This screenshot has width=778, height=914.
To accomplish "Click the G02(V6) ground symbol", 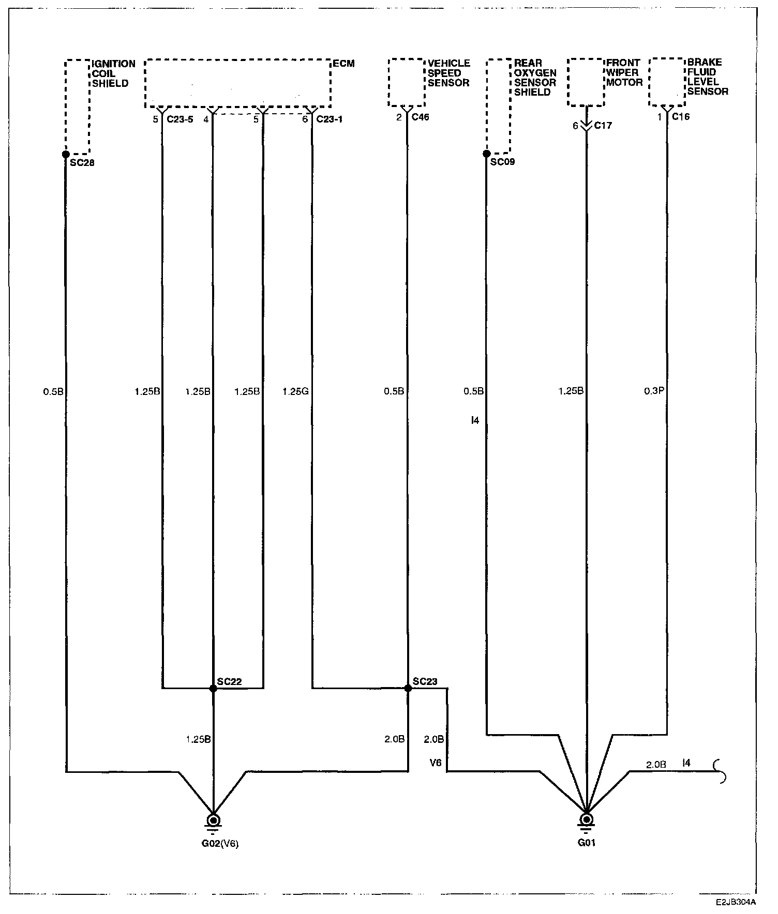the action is click(213, 820).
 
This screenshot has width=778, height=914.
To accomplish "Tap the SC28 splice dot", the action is click(66, 154).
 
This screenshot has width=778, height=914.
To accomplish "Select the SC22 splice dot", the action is click(213, 689).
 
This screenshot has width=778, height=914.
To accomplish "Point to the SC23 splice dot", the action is click(408, 689).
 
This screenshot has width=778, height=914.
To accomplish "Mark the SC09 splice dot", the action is click(486, 154).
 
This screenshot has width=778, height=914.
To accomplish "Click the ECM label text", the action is click(343, 64).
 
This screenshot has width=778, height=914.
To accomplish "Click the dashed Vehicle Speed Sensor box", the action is click(406, 83).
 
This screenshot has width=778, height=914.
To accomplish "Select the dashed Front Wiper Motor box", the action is click(586, 82).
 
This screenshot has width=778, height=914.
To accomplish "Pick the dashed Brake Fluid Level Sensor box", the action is click(667, 82).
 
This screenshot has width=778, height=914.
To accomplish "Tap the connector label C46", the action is click(420, 117).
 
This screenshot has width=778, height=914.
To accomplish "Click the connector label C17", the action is click(603, 126).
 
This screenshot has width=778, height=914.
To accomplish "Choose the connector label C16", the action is click(680, 117).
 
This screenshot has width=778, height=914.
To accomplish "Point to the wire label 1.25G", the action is click(295, 391).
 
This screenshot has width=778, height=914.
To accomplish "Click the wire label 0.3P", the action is click(654, 391).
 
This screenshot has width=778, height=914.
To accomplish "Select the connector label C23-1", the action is click(329, 119).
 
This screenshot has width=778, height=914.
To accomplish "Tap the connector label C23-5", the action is click(180, 119).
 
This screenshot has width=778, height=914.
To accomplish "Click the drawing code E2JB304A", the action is click(736, 902).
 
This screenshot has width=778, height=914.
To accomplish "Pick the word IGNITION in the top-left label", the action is click(114, 64).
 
